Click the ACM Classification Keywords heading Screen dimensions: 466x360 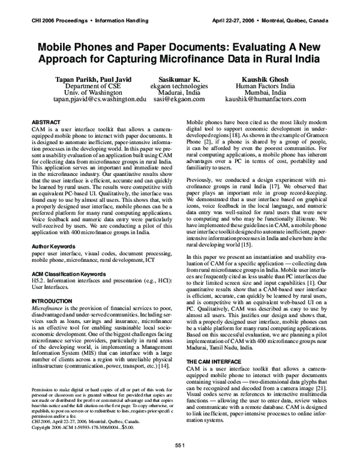point(68,273)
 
